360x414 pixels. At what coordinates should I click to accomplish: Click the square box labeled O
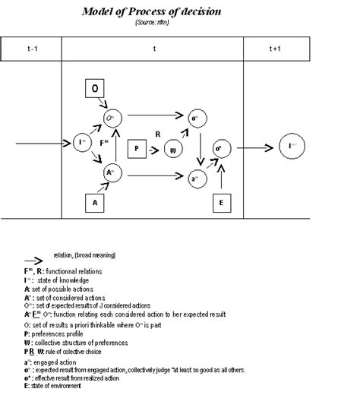tap(95, 90)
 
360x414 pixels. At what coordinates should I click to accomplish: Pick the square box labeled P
tap(136, 148)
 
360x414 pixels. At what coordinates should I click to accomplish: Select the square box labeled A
tap(95, 203)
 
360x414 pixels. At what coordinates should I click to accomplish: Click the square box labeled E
tap(221, 203)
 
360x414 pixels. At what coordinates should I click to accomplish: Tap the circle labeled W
tap(173, 149)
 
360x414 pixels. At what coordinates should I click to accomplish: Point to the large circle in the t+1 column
tap(292, 144)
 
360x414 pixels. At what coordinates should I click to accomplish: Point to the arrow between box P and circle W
tap(155, 149)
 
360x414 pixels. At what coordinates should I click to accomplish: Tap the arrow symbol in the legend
tap(37, 258)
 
